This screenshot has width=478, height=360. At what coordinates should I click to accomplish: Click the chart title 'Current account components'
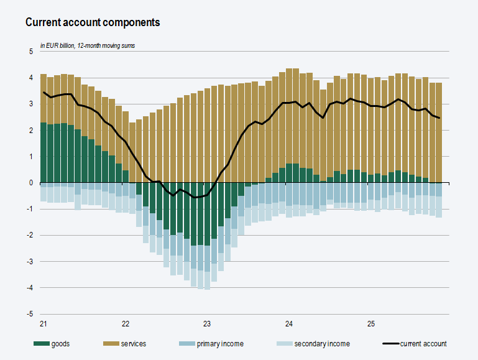[x=93, y=22]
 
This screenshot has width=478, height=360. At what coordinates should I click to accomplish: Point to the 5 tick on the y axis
[x=31, y=52]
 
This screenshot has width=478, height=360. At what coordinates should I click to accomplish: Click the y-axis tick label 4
[x=31, y=78]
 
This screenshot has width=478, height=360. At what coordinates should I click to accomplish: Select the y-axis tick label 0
[x=31, y=183]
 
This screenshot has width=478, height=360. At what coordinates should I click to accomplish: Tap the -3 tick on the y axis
[x=30, y=262]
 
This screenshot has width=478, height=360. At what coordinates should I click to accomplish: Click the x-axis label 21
[x=44, y=324]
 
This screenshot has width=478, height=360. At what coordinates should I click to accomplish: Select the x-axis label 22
[x=126, y=324]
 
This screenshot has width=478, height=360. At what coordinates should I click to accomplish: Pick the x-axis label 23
[x=208, y=324]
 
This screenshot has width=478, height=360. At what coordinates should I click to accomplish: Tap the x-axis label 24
[x=289, y=324]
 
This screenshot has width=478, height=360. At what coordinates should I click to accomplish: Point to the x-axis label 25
[x=371, y=324]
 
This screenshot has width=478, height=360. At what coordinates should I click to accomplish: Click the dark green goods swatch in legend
[x=41, y=344]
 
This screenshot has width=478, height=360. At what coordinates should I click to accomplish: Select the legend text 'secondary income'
[x=322, y=344]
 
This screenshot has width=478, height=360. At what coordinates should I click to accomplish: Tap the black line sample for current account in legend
[x=389, y=344]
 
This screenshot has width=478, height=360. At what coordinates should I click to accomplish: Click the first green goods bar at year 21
[x=44, y=152]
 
